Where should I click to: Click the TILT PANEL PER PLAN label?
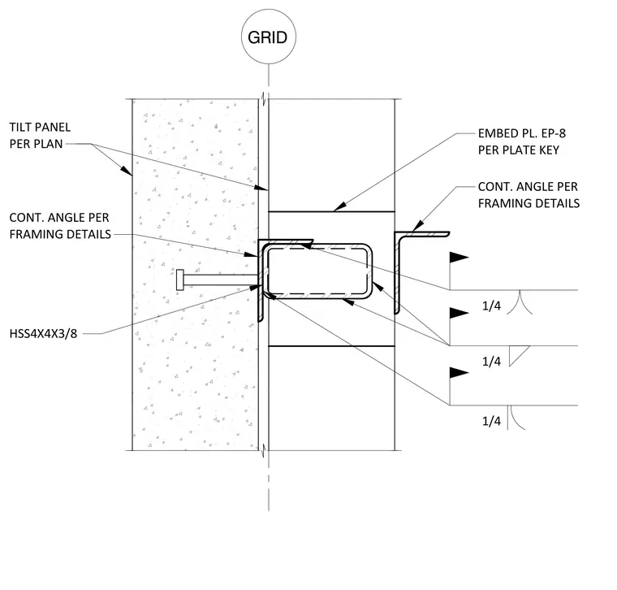(x=40, y=136)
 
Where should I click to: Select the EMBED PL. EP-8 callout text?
(x=522, y=141)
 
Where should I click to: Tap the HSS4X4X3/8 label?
(x=43, y=334)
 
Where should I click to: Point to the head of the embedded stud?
(x=180, y=280)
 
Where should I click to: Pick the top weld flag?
(x=459, y=258)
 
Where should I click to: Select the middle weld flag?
(x=459, y=313)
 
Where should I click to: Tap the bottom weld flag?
(x=459, y=372)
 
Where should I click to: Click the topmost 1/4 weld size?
(x=491, y=306)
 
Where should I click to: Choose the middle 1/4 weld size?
(x=491, y=361)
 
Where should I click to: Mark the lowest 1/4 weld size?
(x=491, y=421)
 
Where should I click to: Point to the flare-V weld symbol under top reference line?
(x=520, y=302)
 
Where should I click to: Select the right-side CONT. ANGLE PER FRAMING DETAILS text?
(x=529, y=194)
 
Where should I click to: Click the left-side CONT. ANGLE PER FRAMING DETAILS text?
(x=60, y=226)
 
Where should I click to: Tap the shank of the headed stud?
(x=220, y=280)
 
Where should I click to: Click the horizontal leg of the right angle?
(x=422, y=234)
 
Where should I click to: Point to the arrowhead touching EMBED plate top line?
(x=340, y=207)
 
